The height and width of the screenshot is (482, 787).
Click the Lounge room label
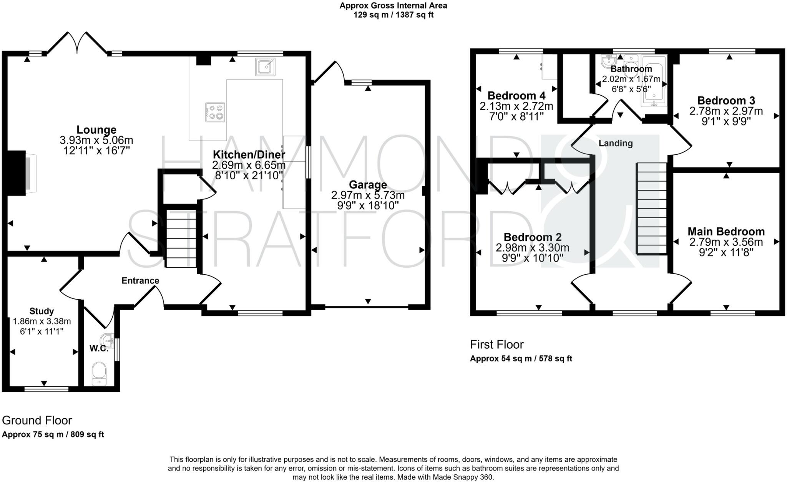tap(96, 130)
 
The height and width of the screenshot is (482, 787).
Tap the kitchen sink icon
tap(265, 67)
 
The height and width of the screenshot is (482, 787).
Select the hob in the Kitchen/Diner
tap(215, 112)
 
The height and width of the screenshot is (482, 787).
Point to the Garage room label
tap(368, 185)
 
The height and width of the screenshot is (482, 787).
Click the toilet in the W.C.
tap(99, 373)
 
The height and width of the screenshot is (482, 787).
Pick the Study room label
tap(42, 311)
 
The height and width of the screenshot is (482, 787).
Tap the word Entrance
tap(140, 281)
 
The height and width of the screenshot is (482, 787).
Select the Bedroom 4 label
tap(516, 95)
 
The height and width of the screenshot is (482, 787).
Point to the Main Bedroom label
tap(726, 232)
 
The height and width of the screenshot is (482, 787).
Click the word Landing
tap(616, 143)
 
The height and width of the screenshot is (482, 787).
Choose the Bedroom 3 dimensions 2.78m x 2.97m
tap(726, 111)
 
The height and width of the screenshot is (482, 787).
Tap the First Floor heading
tap(496, 345)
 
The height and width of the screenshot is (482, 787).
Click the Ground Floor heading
tap(37, 420)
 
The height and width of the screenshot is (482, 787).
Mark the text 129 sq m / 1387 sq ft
tap(393, 15)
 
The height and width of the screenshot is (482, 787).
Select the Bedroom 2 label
tap(533, 237)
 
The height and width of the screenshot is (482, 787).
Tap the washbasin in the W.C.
tap(107, 340)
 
